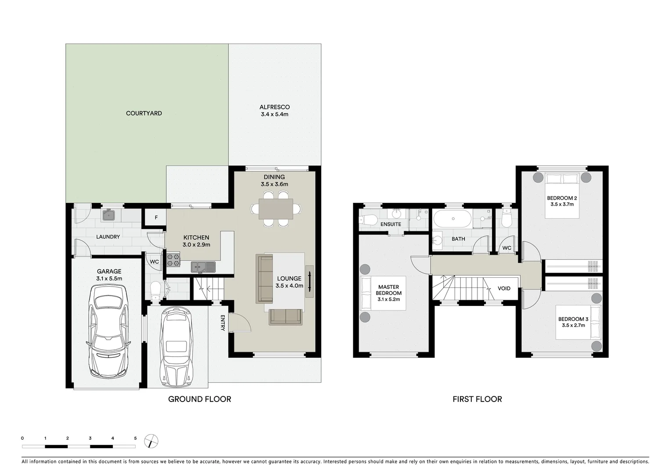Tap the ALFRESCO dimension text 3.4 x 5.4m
(x=274, y=115)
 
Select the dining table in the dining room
(x=276, y=209)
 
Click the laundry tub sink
(x=108, y=215)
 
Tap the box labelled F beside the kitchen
(x=156, y=218)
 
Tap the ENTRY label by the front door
(x=222, y=323)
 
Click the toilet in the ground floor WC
(x=155, y=290)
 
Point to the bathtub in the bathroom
(x=452, y=218)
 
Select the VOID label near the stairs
(x=504, y=288)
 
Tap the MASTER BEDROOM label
(x=388, y=290)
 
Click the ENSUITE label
(x=391, y=224)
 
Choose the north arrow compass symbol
(x=151, y=441)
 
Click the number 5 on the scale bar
(x=135, y=438)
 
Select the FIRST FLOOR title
(x=477, y=399)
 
